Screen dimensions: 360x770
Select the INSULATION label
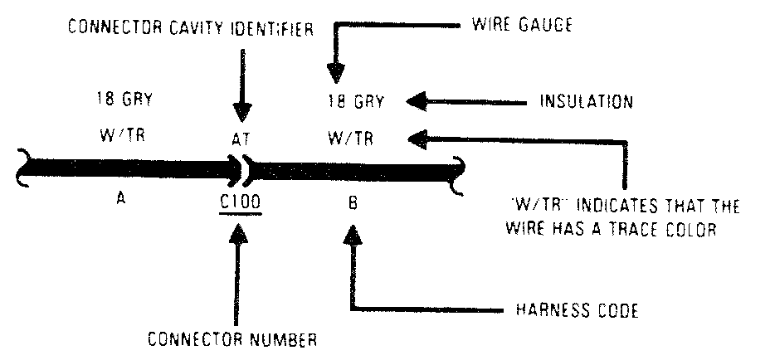(587, 102)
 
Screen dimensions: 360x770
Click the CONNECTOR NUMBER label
(233, 339)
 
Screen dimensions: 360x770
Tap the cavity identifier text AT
(241, 142)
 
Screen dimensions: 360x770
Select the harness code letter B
(352, 202)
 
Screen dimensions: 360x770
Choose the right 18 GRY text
(356, 102)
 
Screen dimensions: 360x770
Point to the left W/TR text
(123, 137)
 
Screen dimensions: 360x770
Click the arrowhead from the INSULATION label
(418, 102)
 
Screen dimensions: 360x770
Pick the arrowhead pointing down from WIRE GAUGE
(335, 75)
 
